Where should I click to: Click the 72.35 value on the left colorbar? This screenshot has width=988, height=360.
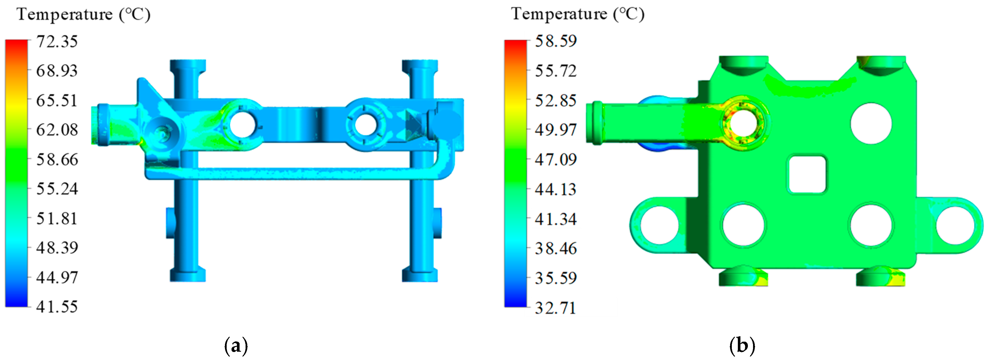coord(57,42)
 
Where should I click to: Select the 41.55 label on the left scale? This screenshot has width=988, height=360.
coord(57,307)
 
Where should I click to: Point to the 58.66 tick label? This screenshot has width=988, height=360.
coord(57,160)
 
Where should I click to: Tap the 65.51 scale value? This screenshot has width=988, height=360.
coord(57,101)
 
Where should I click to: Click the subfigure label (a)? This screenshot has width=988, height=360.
coord(236,346)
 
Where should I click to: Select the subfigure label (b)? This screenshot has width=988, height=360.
coord(742,346)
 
